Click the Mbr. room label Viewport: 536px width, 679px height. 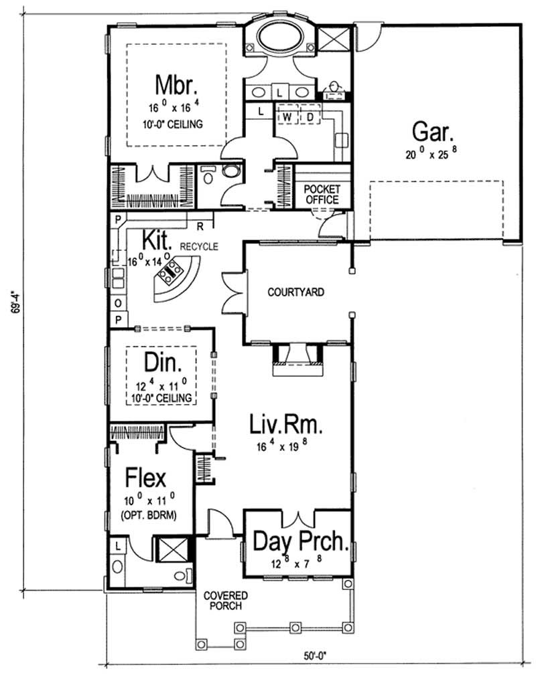175,86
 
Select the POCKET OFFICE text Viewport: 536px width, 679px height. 321,195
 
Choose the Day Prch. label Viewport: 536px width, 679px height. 301,541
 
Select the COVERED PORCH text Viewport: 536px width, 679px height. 226,601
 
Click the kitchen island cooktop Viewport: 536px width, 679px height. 171,272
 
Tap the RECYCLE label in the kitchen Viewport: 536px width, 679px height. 199,246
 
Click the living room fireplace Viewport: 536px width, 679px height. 298,362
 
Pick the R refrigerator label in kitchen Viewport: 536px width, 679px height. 200,226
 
